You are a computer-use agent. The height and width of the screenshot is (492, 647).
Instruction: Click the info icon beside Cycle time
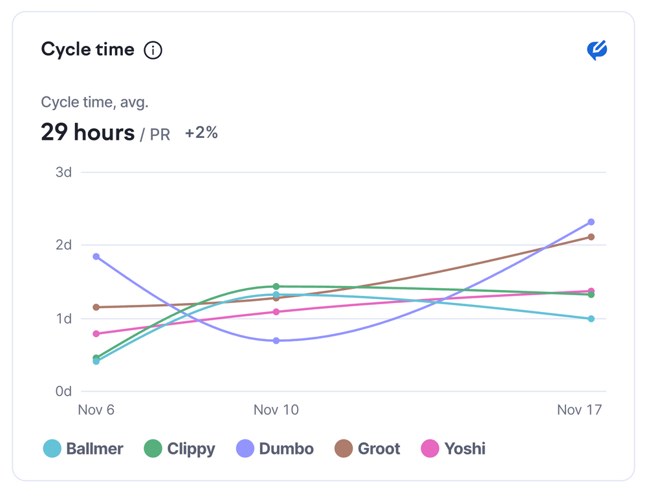click(x=153, y=50)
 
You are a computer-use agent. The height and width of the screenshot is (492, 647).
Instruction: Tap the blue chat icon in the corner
click(x=597, y=50)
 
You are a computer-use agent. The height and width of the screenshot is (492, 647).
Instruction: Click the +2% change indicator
click(x=201, y=133)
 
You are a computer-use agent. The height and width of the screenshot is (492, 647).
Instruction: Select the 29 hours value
click(x=87, y=133)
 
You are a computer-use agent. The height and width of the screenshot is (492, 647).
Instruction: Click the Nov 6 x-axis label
click(x=96, y=410)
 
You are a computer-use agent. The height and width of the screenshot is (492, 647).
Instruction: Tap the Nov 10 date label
click(x=276, y=410)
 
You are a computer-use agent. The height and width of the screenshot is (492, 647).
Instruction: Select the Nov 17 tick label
click(x=580, y=410)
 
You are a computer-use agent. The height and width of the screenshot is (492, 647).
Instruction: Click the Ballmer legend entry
click(x=83, y=449)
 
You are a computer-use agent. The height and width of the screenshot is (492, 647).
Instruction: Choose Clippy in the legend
click(x=179, y=449)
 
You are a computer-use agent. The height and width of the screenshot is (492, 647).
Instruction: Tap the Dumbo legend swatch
click(x=245, y=449)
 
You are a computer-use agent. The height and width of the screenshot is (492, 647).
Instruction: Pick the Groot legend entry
click(x=367, y=449)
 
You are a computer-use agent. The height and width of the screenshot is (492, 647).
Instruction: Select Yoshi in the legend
click(x=453, y=449)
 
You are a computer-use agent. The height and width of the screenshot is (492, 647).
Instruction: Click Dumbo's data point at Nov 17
click(x=591, y=222)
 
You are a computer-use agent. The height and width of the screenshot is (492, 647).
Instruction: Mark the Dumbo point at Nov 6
click(x=96, y=257)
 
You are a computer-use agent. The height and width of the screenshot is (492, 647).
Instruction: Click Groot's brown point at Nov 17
click(x=591, y=237)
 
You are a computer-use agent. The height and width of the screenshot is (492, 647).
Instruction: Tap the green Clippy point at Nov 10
click(x=276, y=286)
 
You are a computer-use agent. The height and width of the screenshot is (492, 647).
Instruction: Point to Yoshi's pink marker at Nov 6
click(x=96, y=334)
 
